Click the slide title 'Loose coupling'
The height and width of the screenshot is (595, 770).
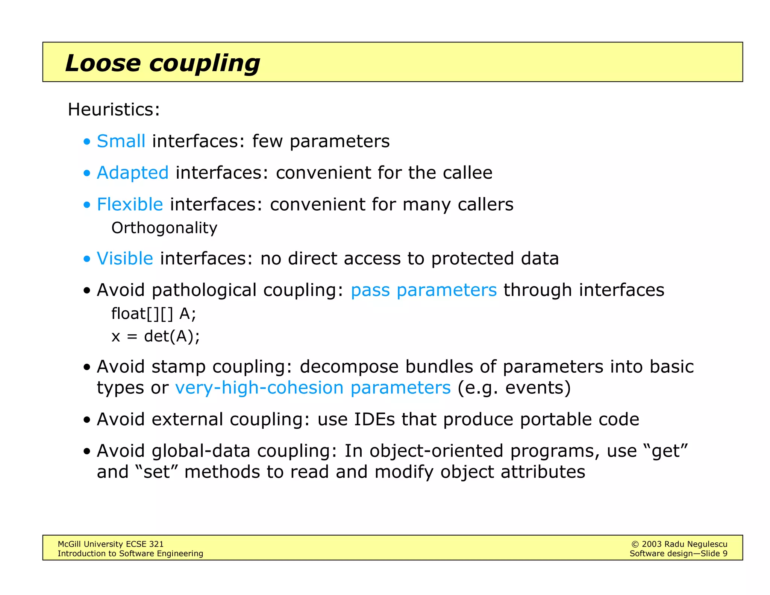pyautogui.click(x=162, y=63)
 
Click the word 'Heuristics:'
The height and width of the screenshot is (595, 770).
pyautogui.click(x=114, y=110)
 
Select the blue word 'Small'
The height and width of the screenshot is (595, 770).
pyautogui.click(x=121, y=141)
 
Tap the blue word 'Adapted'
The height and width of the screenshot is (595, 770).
pyautogui.click(x=133, y=173)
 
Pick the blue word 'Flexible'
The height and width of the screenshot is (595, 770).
pyautogui.click(x=130, y=205)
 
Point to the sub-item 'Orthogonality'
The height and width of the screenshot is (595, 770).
pyautogui.click(x=164, y=228)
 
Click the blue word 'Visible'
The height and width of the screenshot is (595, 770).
pyautogui.click(x=125, y=259)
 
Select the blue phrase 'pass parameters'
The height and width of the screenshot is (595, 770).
pyautogui.click(x=424, y=290)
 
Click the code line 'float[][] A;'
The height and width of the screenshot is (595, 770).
pyautogui.click(x=153, y=314)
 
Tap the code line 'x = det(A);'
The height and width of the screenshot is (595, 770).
pyautogui.click(x=156, y=336)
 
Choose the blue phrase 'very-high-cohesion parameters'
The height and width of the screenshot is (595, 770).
pyautogui.click(x=313, y=388)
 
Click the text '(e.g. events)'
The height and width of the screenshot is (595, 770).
pyautogui.click(x=514, y=388)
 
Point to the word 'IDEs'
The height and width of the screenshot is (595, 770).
pyautogui.click(x=374, y=419)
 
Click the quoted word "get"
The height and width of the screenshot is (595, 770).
pyautogui.click(x=666, y=451)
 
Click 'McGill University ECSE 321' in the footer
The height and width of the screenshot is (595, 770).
pyautogui.click(x=111, y=544)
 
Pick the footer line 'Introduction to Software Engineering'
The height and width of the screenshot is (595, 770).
pyautogui.click(x=130, y=554)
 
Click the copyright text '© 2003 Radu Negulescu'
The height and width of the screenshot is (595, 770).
pyautogui.click(x=679, y=544)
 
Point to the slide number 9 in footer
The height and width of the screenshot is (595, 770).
pyautogui.click(x=725, y=554)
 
